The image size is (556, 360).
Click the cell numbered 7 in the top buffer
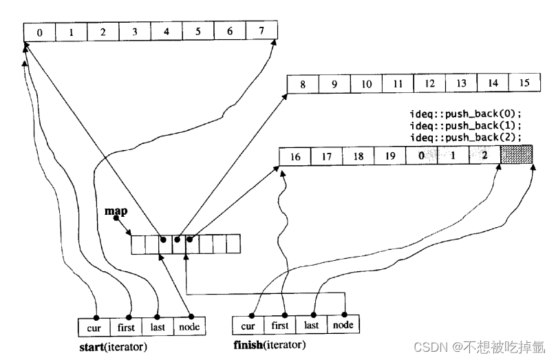[261, 31]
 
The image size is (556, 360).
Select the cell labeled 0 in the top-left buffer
[39, 31]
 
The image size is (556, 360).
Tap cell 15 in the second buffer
[524, 83]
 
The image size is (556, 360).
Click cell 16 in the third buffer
[295, 157]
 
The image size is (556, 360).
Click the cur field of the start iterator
[94, 326]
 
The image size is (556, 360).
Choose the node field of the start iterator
[189, 326]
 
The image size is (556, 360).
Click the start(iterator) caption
[114, 346]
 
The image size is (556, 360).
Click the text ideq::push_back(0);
[465, 113]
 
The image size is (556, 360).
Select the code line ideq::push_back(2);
[465, 136]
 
